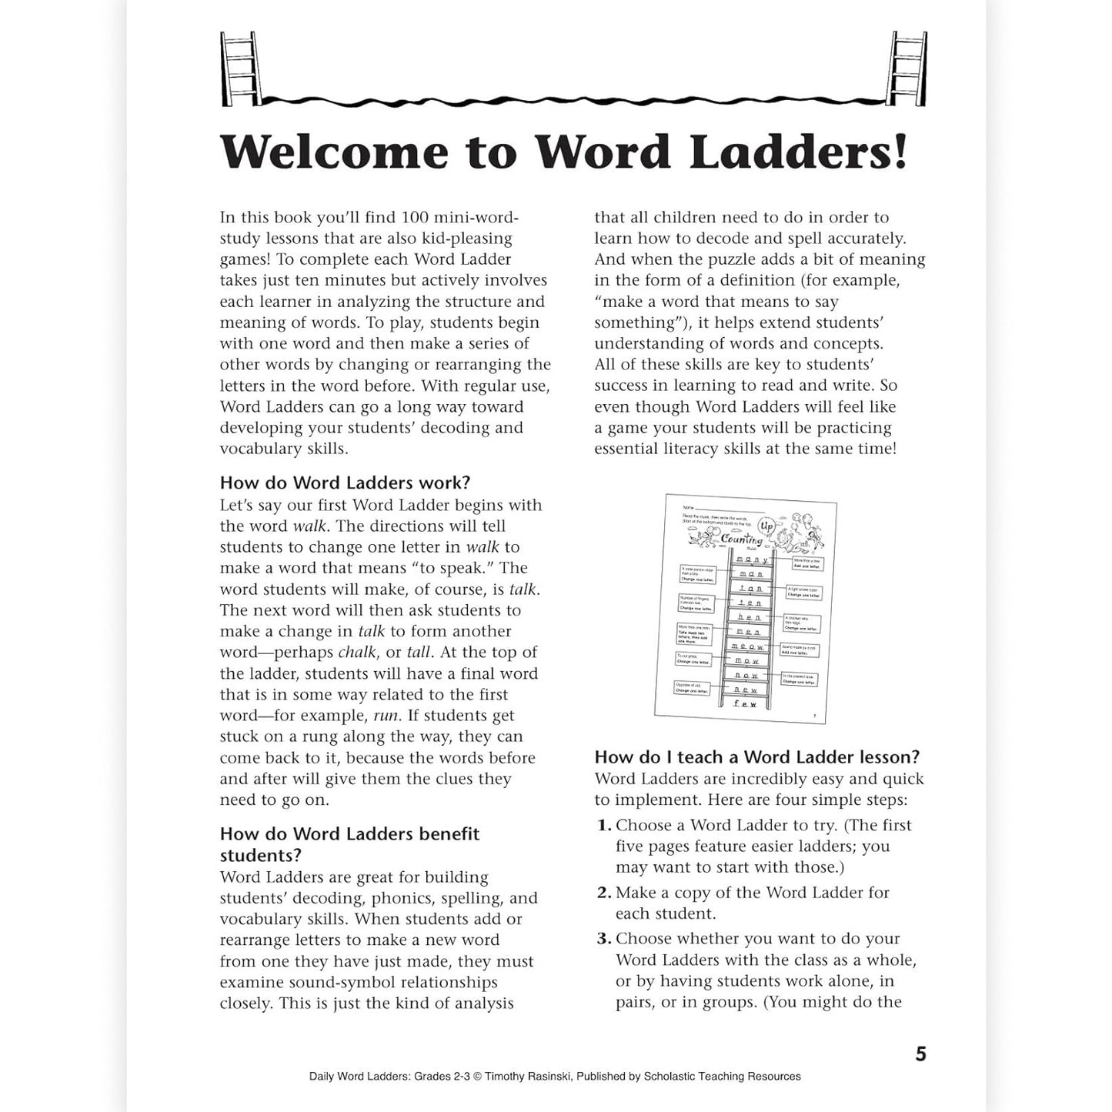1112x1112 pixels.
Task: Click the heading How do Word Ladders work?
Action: (345, 483)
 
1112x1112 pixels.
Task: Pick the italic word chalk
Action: (357, 653)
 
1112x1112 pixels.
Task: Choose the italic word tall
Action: (419, 653)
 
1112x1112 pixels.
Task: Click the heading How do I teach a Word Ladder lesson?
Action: (757, 757)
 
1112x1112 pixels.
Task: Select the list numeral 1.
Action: (603, 826)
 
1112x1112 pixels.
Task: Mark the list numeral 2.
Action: (603, 893)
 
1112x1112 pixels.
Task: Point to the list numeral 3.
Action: (603, 939)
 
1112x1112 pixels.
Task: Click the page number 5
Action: (921, 1054)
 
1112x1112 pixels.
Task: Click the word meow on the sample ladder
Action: (747, 646)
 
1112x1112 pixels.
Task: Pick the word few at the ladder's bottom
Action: (745, 703)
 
